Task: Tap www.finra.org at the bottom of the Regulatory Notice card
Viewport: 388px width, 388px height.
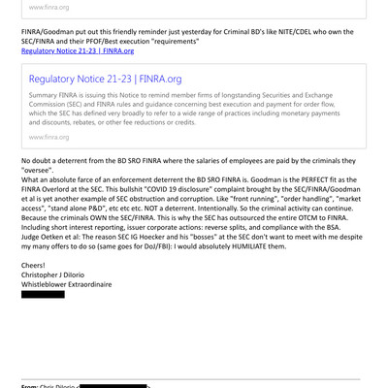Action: (x=48, y=138)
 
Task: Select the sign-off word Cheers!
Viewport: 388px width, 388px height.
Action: (x=36, y=265)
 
